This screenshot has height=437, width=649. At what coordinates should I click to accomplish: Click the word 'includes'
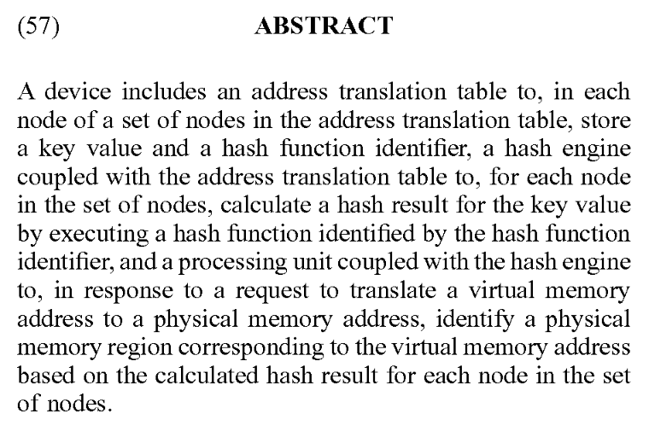click(x=143, y=91)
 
